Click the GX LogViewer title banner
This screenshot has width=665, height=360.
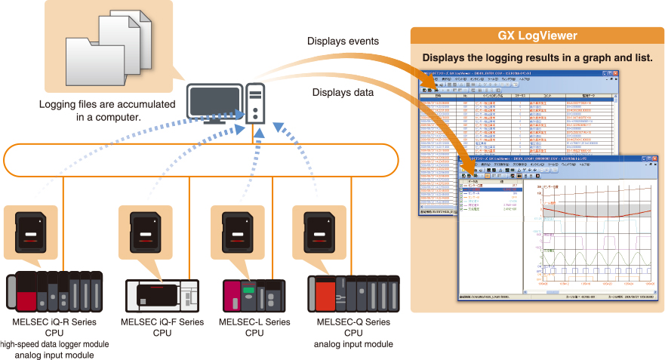coord(537,35)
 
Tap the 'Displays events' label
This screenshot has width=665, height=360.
coord(343,41)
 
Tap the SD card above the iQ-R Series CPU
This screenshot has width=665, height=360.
coord(31,232)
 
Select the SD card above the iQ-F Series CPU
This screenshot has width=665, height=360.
coord(146,232)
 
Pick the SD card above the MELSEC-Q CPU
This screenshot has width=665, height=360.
coord(319,232)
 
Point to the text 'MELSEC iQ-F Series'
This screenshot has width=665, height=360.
coord(162,322)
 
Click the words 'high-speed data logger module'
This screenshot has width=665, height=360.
coord(53,344)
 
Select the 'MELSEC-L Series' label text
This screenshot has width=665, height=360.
coord(254,322)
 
